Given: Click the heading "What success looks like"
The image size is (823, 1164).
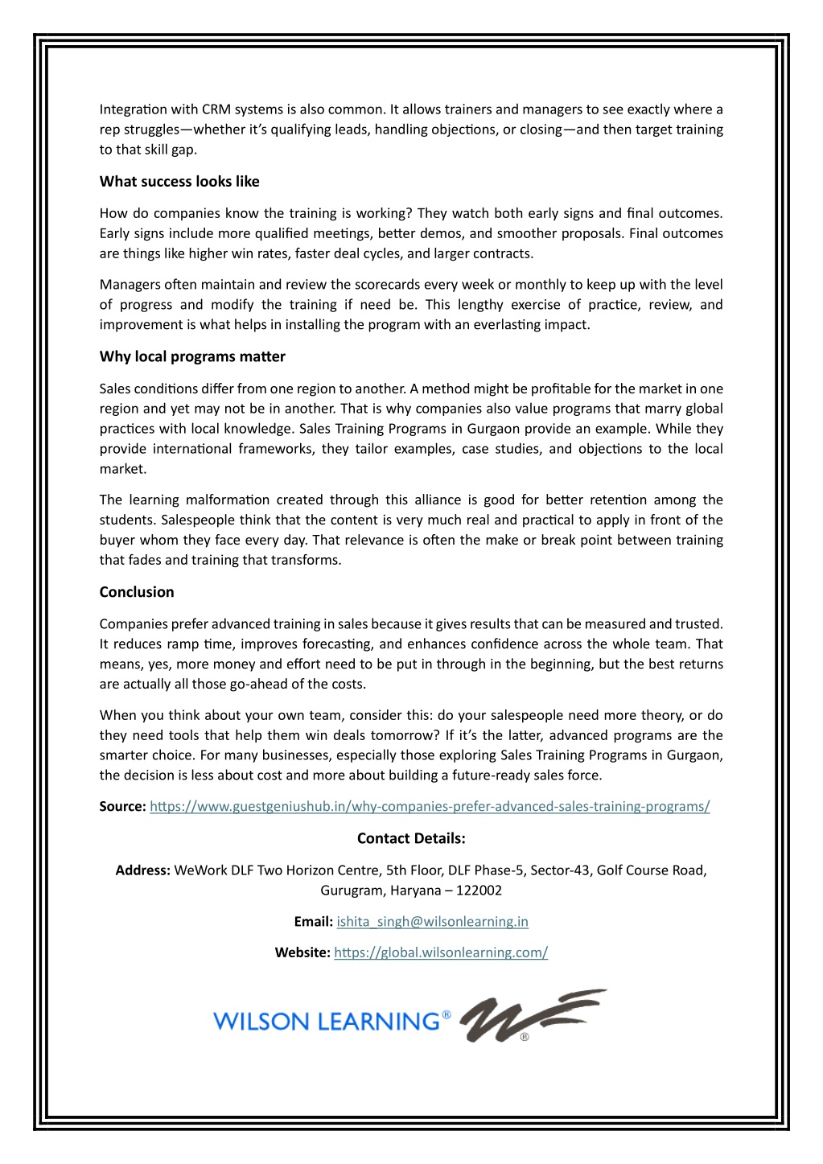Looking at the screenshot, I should click(x=179, y=182).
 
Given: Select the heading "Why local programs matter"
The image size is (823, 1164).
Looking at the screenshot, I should click(x=192, y=357).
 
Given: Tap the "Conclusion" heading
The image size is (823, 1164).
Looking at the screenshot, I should click(x=137, y=593).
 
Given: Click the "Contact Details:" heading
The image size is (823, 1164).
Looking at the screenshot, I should click(x=411, y=839).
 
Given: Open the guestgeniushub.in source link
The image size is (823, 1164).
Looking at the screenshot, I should click(x=430, y=807).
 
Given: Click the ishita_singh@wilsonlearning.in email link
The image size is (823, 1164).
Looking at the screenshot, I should click(x=432, y=922).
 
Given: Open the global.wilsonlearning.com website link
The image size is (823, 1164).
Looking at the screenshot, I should click(x=441, y=953).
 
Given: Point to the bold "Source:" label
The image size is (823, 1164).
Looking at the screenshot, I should click(x=122, y=807).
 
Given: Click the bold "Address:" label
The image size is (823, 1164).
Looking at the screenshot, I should click(x=142, y=870).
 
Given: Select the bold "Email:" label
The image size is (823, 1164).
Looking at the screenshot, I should click(x=313, y=922).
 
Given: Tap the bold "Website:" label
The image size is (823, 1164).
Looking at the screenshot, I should click(x=302, y=953).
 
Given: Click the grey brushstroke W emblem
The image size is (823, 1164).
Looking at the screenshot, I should click(x=531, y=1015).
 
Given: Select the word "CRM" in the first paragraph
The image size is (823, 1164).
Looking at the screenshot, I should click(x=216, y=110).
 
